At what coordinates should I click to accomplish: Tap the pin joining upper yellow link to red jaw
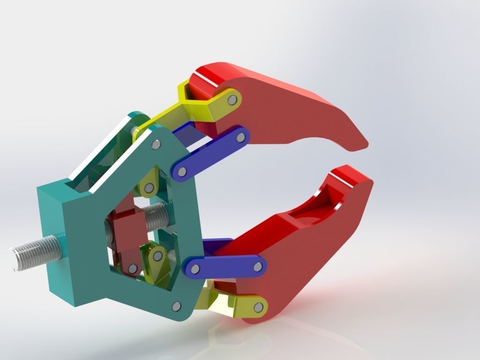(232, 100)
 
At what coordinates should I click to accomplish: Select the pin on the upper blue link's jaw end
(240, 137)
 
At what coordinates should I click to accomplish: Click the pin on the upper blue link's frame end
(182, 172)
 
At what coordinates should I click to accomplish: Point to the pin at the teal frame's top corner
(155, 145)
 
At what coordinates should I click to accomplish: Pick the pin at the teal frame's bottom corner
(176, 306)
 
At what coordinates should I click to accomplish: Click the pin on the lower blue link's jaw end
(257, 267)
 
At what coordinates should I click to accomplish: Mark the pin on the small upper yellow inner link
(149, 188)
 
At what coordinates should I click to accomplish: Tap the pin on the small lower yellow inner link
(157, 256)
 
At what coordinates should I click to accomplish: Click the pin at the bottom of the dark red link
(133, 269)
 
